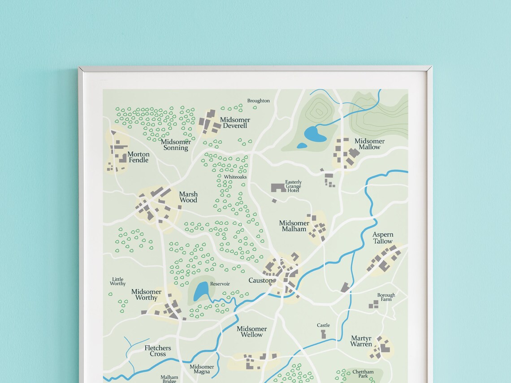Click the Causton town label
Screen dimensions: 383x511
260,280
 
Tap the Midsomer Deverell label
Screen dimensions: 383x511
235,123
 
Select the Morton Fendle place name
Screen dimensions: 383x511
139,157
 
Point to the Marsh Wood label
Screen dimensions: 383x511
188,197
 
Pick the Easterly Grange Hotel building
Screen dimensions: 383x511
278,187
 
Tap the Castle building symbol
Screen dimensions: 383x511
323,334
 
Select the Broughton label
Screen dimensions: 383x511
259,101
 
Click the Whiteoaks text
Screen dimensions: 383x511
235,177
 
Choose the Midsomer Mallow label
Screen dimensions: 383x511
369,144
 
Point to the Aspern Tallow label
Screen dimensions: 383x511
383,238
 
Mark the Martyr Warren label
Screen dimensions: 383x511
361,341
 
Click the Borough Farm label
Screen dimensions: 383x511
386,297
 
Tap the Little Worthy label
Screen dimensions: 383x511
118,281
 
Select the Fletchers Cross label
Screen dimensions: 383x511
158,351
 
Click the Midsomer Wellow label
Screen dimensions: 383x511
251,331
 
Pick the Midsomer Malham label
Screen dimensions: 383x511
294,226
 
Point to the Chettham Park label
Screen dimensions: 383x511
363,374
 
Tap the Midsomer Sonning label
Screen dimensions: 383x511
176,145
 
